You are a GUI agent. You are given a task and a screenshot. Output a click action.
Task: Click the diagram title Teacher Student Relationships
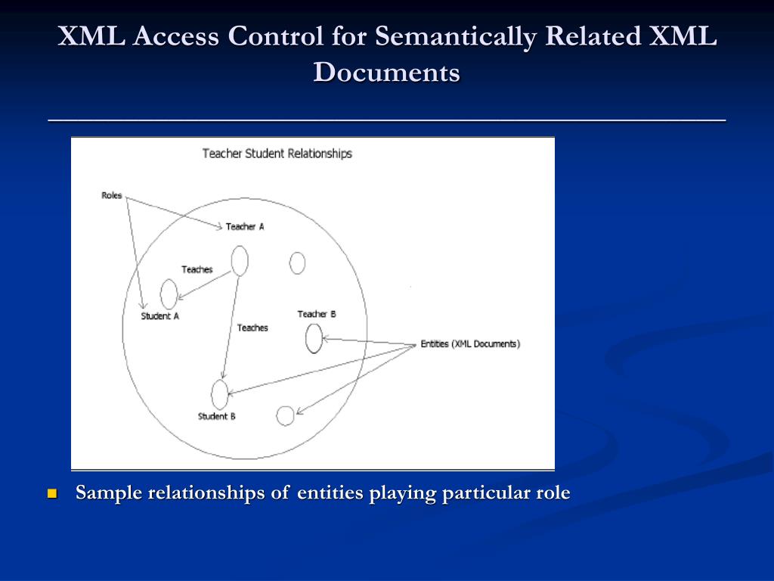(x=277, y=154)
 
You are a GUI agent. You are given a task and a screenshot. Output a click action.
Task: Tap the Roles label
(x=111, y=196)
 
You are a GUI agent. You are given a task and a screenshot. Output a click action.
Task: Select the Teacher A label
(x=245, y=227)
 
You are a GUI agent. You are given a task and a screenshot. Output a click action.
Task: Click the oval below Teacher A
(x=239, y=261)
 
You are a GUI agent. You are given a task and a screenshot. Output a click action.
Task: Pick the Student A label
(x=159, y=317)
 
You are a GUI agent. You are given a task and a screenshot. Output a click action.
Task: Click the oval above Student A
(x=169, y=294)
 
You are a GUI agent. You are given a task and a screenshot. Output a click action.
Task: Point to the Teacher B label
(x=317, y=314)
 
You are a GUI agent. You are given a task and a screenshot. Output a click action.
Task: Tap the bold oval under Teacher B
(x=314, y=338)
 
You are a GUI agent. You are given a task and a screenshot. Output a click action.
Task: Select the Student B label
(x=217, y=417)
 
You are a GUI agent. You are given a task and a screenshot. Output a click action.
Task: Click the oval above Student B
(x=219, y=393)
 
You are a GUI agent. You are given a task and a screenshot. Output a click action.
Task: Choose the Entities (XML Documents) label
(x=470, y=344)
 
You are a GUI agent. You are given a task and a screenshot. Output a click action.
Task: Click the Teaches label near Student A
(x=197, y=270)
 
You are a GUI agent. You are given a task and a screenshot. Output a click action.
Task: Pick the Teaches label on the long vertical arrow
(x=252, y=328)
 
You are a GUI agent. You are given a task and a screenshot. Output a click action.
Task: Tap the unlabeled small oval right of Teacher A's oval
(x=298, y=263)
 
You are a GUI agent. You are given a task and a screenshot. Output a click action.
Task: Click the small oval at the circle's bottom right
(x=285, y=415)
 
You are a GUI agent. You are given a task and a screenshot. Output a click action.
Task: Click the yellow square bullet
(x=52, y=494)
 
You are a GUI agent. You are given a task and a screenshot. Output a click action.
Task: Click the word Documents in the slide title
(x=387, y=73)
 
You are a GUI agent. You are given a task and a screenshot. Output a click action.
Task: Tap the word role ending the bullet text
(x=553, y=493)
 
